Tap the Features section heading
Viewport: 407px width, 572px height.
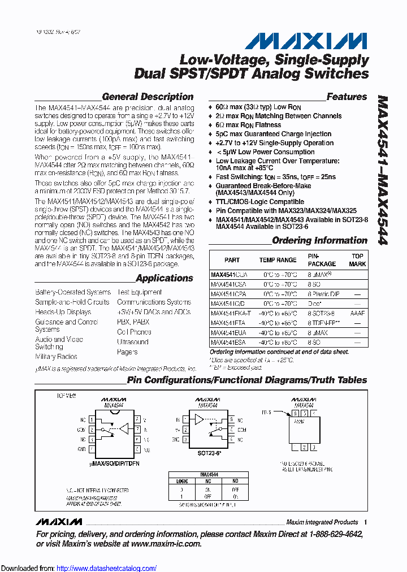[x=347, y=97]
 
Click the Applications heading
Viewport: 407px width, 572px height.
[x=164, y=278]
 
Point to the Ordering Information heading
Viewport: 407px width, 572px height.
[x=319, y=241]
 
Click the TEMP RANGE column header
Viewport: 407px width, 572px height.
[x=278, y=260]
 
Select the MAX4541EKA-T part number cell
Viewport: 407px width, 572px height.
[x=231, y=313]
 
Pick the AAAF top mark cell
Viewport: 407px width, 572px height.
[x=357, y=313]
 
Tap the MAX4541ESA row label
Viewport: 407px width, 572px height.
[x=229, y=343]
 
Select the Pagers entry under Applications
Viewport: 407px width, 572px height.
[x=127, y=352]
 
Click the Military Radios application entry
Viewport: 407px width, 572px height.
[x=56, y=357]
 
